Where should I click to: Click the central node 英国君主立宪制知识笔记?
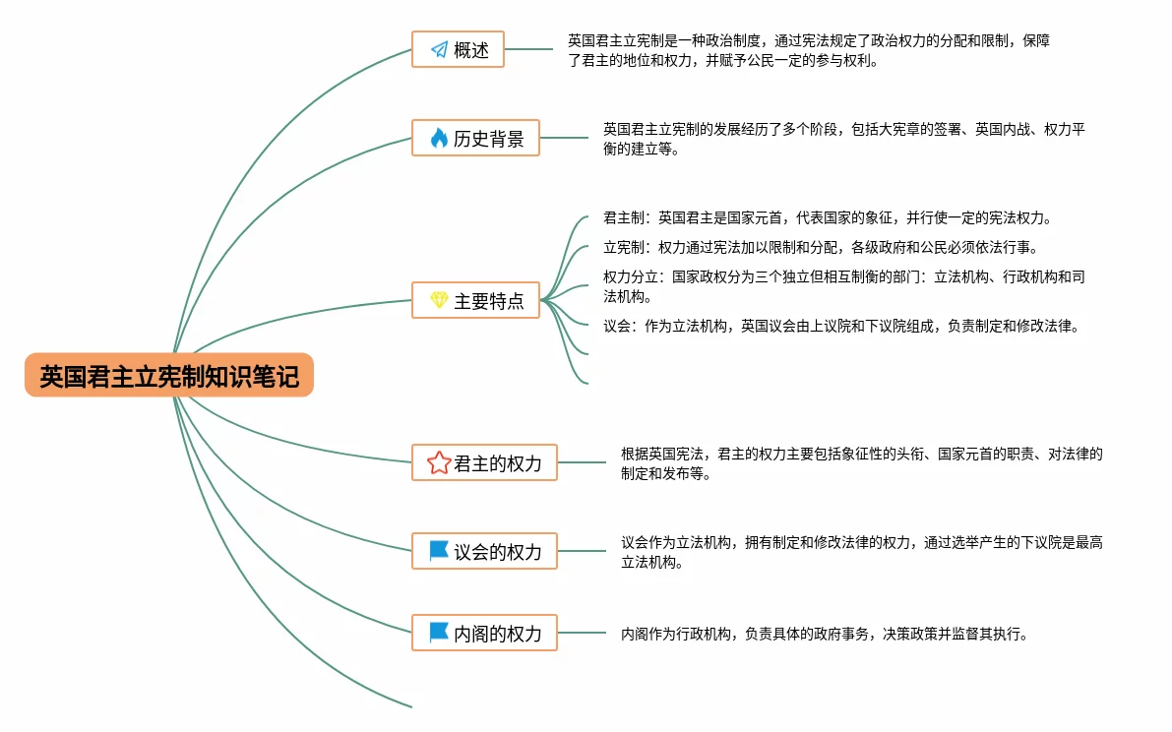pos(169,376)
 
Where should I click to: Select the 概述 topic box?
pos(458,49)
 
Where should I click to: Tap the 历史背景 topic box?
pos(475,139)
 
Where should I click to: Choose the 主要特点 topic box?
pos(475,301)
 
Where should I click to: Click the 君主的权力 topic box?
pos(484,462)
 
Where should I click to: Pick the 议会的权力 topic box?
pos(484,551)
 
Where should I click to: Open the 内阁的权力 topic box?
pos(484,633)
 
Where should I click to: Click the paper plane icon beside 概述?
pos(438,49)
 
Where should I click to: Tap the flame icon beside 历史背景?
pos(439,139)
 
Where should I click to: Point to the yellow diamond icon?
pos(439,300)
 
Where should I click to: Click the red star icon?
pos(439,462)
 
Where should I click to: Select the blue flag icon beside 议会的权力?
pos(439,551)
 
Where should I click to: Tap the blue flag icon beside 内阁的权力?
pos(439,633)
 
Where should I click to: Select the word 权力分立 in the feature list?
pos(631,277)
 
